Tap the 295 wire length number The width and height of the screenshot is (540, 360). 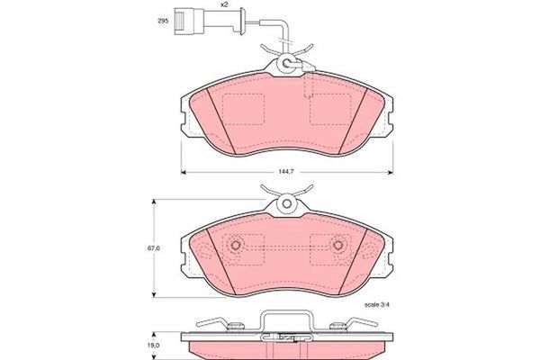point(163,21)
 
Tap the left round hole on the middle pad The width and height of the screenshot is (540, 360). point(237,244)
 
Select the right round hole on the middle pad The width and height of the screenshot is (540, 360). point(337,244)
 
